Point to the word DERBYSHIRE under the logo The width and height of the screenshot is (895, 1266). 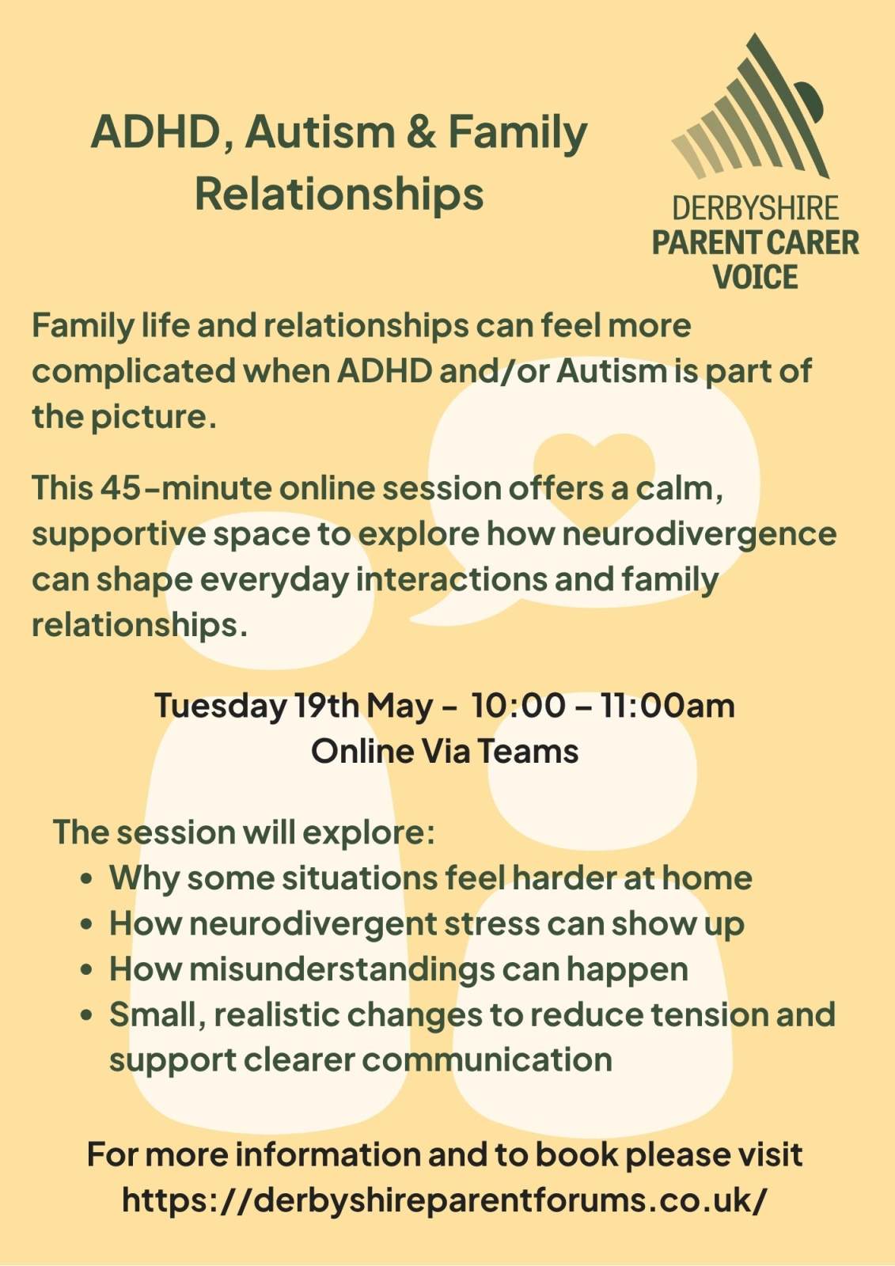pos(756,208)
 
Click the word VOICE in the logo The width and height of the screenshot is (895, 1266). pos(756,277)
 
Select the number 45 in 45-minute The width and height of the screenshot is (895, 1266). pos(119,488)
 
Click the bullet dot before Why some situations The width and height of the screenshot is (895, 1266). pos(86,880)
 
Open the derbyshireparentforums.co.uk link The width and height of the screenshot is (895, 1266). pos(445,1200)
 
